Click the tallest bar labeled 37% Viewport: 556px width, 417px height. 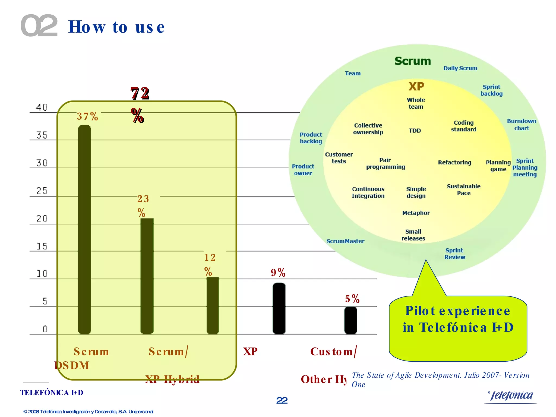[x=84, y=229]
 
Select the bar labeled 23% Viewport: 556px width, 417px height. [x=147, y=276]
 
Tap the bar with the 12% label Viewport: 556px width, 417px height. [x=213, y=305]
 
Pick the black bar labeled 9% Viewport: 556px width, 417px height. [x=279, y=308]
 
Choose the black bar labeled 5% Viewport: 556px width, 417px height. [x=350, y=320]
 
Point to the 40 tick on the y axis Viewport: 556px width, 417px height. [x=42, y=108]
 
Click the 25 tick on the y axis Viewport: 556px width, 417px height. [x=42, y=191]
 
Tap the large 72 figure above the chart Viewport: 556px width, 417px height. [x=140, y=94]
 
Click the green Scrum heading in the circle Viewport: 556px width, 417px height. [x=413, y=61]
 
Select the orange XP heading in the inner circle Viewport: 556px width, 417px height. [x=416, y=87]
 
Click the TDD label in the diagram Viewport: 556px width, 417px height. [x=415, y=131]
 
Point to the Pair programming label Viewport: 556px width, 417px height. [x=386, y=163]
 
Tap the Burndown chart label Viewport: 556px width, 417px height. [x=522, y=125]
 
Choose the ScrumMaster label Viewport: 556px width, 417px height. [x=345, y=241]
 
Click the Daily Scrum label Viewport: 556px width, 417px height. [x=460, y=68]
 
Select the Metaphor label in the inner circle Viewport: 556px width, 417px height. [x=416, y=213]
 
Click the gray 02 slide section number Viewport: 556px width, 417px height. [x=39, y=26]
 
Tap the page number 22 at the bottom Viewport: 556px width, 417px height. [x=282, y=400]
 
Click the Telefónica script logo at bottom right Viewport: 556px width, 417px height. [x=511, y=396]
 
